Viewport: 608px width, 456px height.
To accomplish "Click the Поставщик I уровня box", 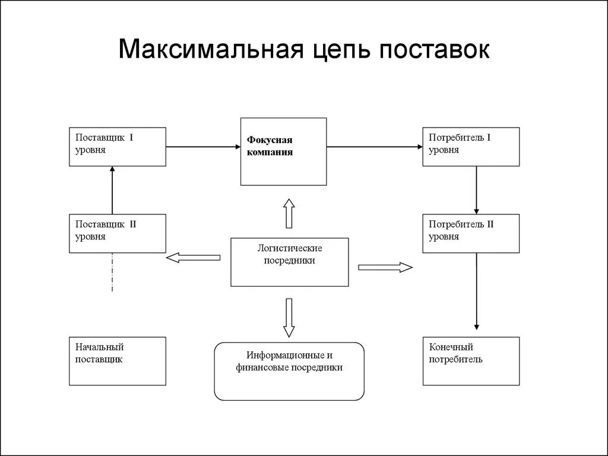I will (x=118, y=147).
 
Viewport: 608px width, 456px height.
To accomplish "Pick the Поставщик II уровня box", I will (x=118, y=233).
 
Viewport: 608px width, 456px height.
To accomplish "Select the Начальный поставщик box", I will (x=118, y=361).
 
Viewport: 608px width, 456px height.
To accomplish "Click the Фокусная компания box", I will (x=283, y=151).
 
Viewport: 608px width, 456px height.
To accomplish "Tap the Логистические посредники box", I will (x=290, y=262).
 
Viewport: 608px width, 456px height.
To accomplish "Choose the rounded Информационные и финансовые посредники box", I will (x=289, y=370).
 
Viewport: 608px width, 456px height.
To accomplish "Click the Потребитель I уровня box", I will (x=471, y=147).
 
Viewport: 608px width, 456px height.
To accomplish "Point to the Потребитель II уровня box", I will (x=471, y=233).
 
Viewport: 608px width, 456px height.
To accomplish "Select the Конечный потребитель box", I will (x=471, y=361).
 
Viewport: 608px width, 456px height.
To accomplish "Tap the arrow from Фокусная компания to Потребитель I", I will (x=374, y=147).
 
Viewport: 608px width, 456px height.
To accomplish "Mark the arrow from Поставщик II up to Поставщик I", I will (x=112, y=190).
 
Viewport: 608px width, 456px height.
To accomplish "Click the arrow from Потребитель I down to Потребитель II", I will (x=476, y=190).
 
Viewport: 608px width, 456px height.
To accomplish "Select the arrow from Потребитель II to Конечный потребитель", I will (x=476, y=291).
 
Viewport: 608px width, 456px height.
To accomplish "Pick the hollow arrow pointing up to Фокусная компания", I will (x=289, y=214).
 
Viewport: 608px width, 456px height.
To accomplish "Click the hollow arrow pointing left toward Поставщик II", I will (x=194, y=257).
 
